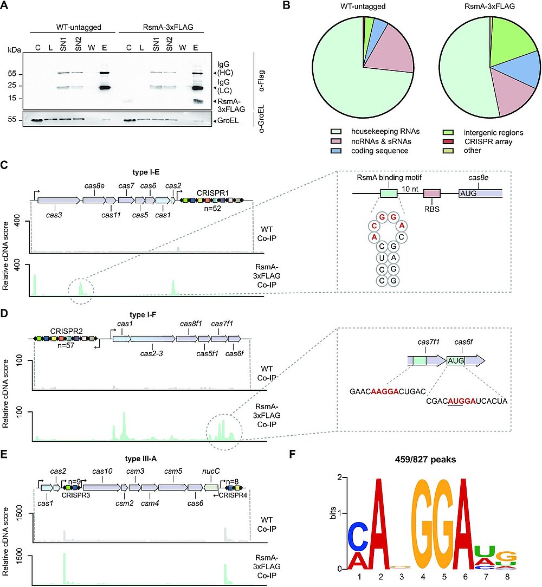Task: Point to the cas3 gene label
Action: coord(55,215)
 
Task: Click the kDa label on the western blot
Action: coord(15,50)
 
